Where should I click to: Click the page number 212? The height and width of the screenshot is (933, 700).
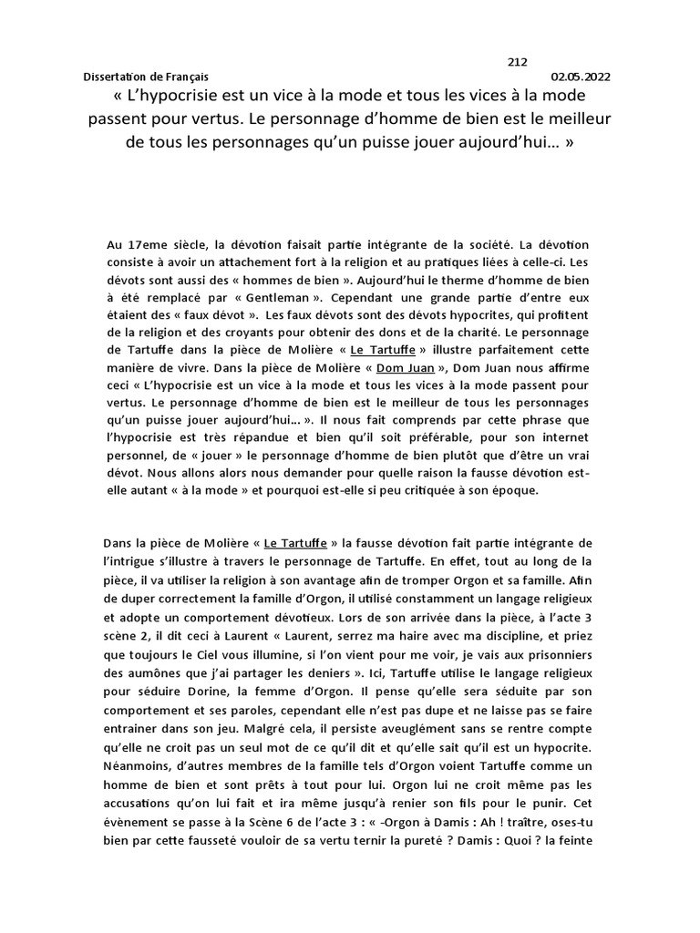[517, 62]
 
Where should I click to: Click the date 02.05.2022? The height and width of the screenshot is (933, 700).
[581, 78]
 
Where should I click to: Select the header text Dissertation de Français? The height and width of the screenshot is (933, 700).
[146, 78]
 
